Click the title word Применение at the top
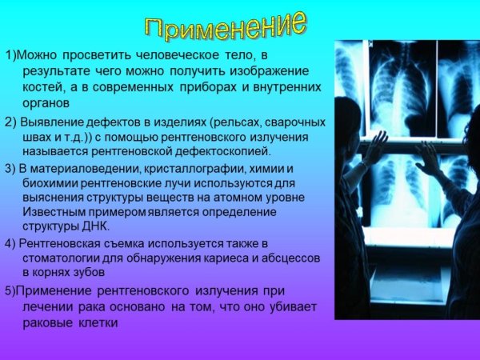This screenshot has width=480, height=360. [226, 26]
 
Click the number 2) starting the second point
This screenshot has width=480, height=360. [10, 122]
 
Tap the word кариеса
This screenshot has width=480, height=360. [211, 258]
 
